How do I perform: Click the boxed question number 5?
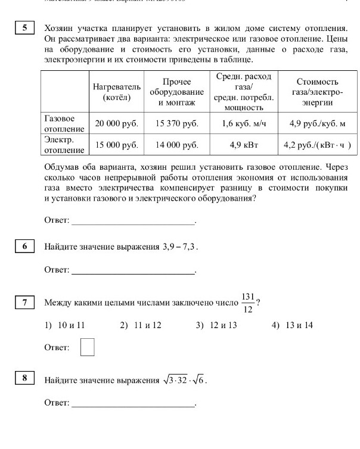[x=24, y=29]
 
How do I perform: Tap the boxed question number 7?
[x=24, y=303]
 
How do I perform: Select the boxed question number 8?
[x=24, y=379]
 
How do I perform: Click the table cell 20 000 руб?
[x=116, y=124]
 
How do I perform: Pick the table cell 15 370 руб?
[x=176, y=124]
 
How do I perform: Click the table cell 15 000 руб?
[x=116, y=145]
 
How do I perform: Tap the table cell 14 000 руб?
[x=176, y=145]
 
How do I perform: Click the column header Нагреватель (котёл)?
[x=116, y=92]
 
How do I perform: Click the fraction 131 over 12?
[x=249, y=303]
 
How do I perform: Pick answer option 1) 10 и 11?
[x=65, y=325]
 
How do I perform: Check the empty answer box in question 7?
[x=88, y=347]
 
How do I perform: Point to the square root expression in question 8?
[x=184, y=380]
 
